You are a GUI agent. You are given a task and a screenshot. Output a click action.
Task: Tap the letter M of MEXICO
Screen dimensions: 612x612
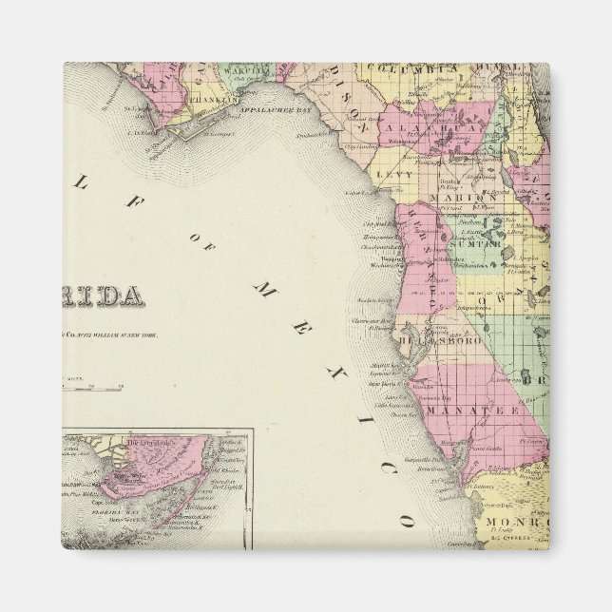tap(265, 285)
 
